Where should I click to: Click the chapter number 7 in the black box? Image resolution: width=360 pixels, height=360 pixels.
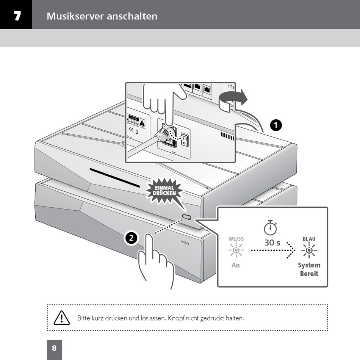(17, 16)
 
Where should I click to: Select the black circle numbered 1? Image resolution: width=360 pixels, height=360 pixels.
(276, 125)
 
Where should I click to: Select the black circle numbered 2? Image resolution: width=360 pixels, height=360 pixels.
(131, 238)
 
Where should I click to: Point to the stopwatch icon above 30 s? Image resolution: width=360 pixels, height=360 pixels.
(271, 228)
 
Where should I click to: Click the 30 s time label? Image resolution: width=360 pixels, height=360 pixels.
(272, 243)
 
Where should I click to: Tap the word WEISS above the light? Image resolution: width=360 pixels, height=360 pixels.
(236, 239)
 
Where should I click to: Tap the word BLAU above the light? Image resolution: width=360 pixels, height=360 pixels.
(309, 239)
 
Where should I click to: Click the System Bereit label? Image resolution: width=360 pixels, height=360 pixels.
(309, 269)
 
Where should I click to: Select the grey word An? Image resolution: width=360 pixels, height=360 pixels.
(236, 265)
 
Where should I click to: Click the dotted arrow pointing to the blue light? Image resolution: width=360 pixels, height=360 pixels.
(273, 250)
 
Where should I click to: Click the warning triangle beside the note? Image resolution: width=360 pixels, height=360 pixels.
(62, 318)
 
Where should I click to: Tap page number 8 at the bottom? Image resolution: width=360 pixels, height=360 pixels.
(54, 348)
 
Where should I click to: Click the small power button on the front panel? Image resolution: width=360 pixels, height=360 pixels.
(187, 217)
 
